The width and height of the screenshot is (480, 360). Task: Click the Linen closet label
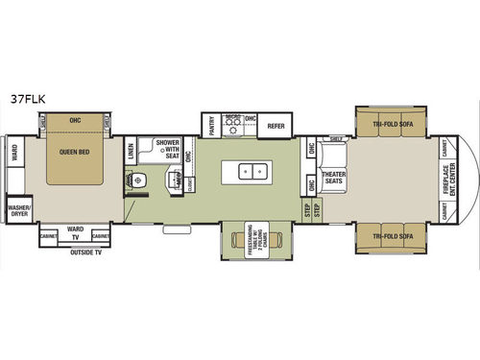(x=131, y=151)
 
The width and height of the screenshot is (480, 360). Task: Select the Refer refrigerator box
(x=276, y=125)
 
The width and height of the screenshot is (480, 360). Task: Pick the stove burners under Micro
(x=231, y=126)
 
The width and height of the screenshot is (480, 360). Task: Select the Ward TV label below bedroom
(x=75, y=232)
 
